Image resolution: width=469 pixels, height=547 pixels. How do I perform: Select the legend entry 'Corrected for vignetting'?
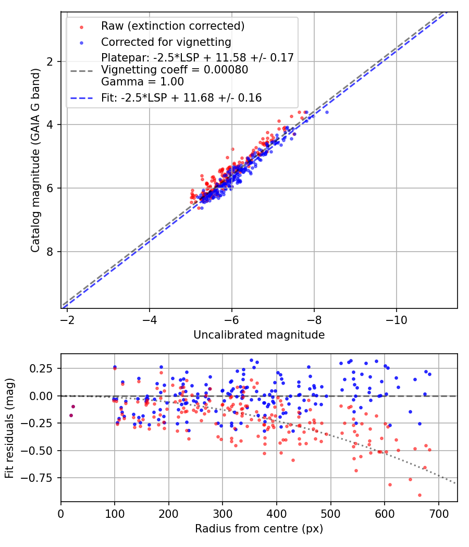(x=166, y=42)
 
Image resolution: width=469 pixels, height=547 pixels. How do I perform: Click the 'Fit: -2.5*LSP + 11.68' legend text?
(x=181, y=97)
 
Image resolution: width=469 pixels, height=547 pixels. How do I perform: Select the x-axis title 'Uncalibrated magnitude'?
(x=259, y=335)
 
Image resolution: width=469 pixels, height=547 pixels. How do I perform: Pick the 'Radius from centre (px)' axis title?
(x=259, y=529)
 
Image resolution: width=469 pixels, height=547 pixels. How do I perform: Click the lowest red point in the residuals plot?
(x=419, y=495)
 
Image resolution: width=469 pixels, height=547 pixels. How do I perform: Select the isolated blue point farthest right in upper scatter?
(x=327, y=112)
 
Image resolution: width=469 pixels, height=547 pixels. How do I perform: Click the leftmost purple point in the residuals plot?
(x=71, y=415)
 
